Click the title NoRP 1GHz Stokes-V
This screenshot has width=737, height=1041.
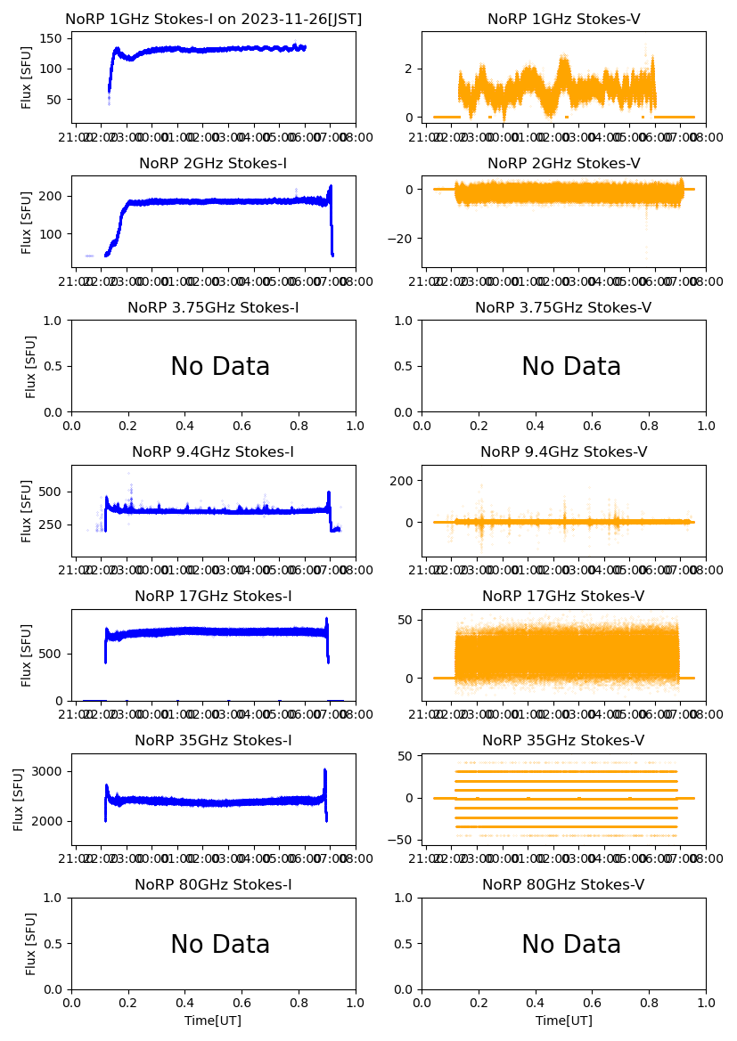tap(564, 19)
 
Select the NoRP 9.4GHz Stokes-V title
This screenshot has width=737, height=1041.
tap(564, 451)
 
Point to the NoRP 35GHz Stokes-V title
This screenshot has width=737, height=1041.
tap(564, 740)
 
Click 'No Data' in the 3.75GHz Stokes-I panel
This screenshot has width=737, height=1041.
tap(220, 366)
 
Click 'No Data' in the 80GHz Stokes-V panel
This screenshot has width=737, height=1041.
tap(571, 944)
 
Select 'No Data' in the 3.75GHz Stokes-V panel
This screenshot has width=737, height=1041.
tap(571, 366)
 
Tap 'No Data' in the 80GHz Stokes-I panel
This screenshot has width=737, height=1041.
tap(220, 944)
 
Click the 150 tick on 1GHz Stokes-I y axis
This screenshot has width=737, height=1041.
tap(53, 38)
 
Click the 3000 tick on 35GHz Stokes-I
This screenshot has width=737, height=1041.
tap(50, 771)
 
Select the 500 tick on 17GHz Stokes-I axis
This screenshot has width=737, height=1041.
tap(53, 654)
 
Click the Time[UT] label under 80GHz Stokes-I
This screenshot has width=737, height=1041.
tap(213, 1021)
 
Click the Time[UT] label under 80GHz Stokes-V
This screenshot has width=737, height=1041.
tap(564, 1021)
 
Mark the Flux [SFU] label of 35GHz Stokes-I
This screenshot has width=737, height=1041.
tap(19, 800)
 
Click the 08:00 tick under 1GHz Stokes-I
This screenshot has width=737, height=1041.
tap(356, 138)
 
